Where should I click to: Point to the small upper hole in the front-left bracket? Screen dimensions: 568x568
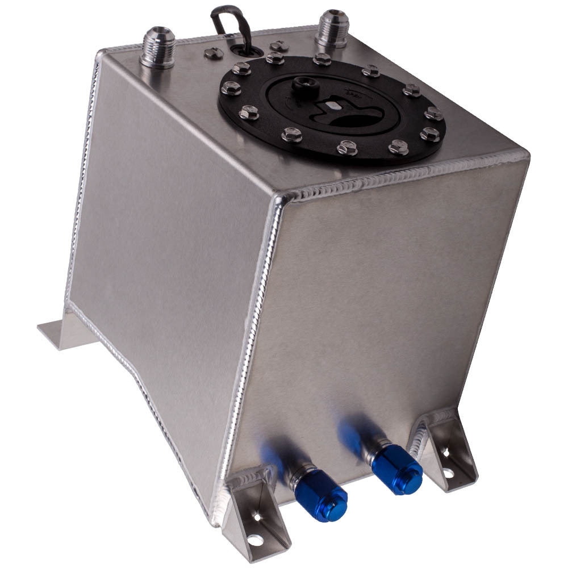click(257, 517)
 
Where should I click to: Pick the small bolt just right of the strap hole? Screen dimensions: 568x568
click(278, 45)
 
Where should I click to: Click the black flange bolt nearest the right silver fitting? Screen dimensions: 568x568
click(321, 59)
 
